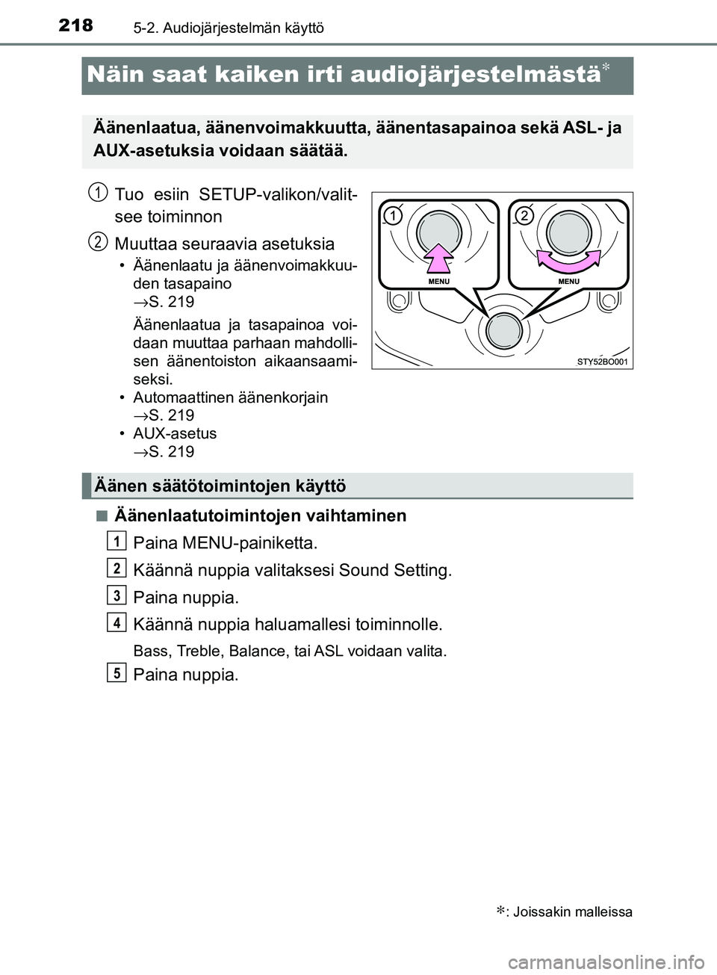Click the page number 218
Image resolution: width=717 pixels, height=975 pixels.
pos(75,25)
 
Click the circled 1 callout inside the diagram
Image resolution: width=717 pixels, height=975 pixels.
pos(393,216)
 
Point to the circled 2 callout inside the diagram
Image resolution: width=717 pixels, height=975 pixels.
pos(524,216)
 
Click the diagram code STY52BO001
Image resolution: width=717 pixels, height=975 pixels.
pos(602,362)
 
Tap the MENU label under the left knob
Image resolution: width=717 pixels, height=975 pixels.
pos(439,281)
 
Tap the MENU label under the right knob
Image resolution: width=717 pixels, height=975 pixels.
pos(568,281)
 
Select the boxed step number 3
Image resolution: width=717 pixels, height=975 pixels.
pos(117,595)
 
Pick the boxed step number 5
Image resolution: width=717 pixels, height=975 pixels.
pos(117,672)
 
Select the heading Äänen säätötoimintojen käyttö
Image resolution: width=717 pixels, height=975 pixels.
pos(220,486)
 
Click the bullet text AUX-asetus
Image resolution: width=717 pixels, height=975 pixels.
pos(175,433)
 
